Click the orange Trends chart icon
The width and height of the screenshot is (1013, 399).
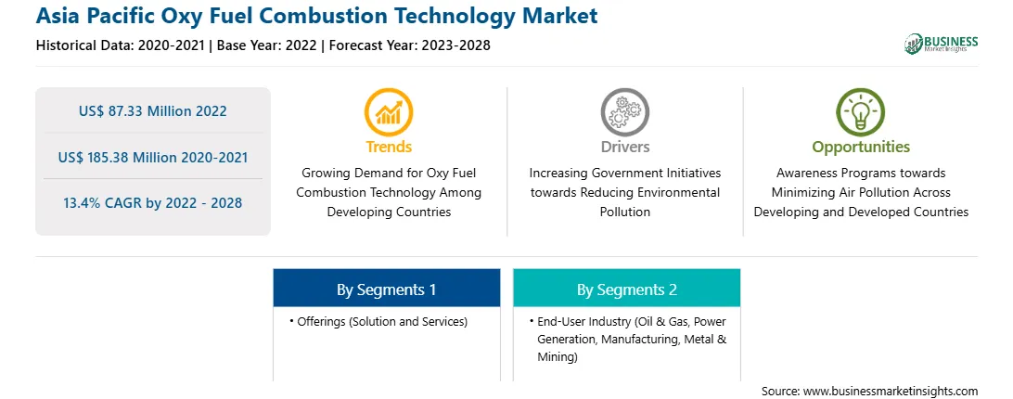point(389,112)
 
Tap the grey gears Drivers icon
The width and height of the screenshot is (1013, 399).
point(624,112)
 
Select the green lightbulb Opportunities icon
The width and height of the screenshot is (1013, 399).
point(861,112)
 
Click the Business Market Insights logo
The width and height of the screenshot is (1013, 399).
point(942,44)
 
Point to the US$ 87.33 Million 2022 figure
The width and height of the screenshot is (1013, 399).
point(152,111)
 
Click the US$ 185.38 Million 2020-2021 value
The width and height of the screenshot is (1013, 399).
point(152,157)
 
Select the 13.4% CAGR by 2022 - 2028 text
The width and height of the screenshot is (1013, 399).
point(152,203)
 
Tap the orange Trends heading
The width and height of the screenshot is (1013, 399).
point(389,147)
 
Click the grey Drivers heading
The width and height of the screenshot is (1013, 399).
point(624,147)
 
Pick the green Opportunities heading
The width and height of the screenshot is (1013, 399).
point(861,147)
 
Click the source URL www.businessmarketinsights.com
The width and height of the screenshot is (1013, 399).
point(891,392)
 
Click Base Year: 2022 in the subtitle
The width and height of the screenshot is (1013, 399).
point(266,45)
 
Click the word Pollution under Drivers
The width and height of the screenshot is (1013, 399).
point(624,212)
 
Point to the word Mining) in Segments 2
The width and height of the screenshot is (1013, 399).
point(557,357)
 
